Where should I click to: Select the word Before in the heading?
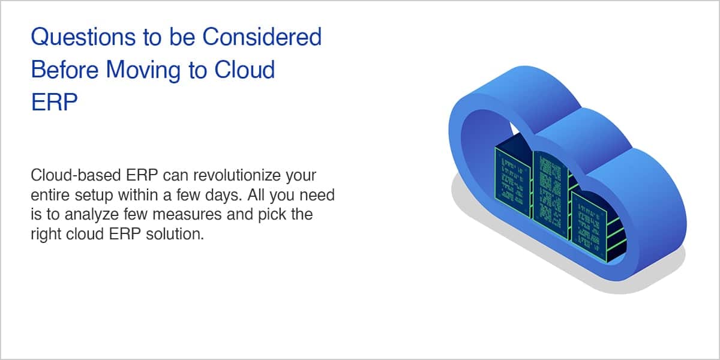(x=65, y=70)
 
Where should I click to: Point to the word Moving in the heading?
(x=143, y=71)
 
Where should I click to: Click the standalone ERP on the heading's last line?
(x=55, y=102)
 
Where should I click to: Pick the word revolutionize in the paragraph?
(x=237, y=175)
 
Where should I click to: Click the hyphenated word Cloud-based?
(x=76, y=175)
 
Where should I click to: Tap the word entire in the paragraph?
(x=50, y=195)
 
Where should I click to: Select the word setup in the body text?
(x=94, y=196)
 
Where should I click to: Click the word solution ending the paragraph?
(x=175, y=233)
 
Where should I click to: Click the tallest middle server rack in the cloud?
(x=550, y=194)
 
